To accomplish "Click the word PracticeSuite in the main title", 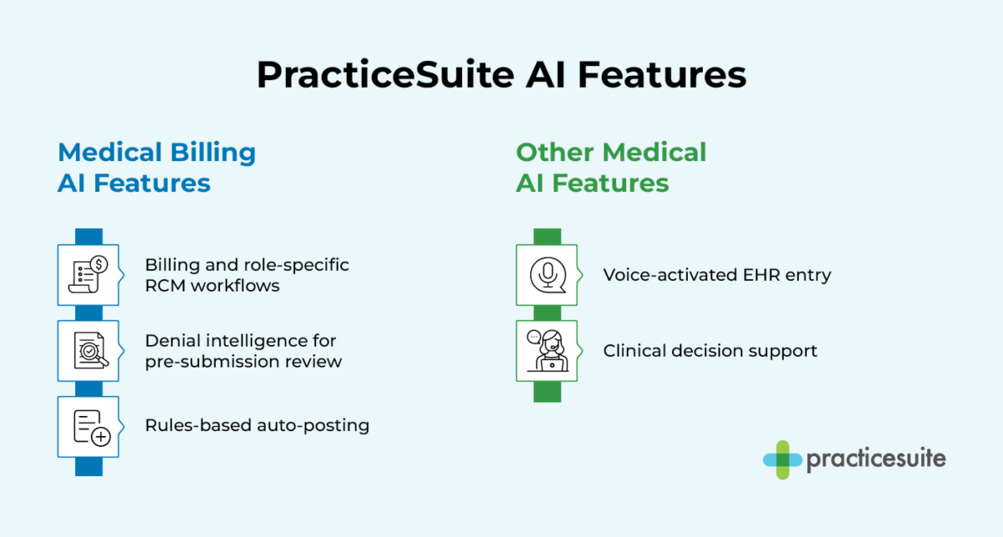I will (385, 75).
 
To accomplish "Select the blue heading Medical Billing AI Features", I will (156, 167).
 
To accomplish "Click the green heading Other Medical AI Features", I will (611, 167).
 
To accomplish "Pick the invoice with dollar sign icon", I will (88, 275).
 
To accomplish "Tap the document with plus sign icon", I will (88, 426).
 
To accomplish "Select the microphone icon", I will (547, 275).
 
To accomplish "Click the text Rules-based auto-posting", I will (257, 425).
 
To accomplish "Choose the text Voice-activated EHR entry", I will (717, 275).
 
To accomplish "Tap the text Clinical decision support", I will (710, 351).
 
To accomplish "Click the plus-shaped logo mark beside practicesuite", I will (782, 459).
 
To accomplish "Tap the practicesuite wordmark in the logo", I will (876, 459).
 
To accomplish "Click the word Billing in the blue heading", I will (212, 153).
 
